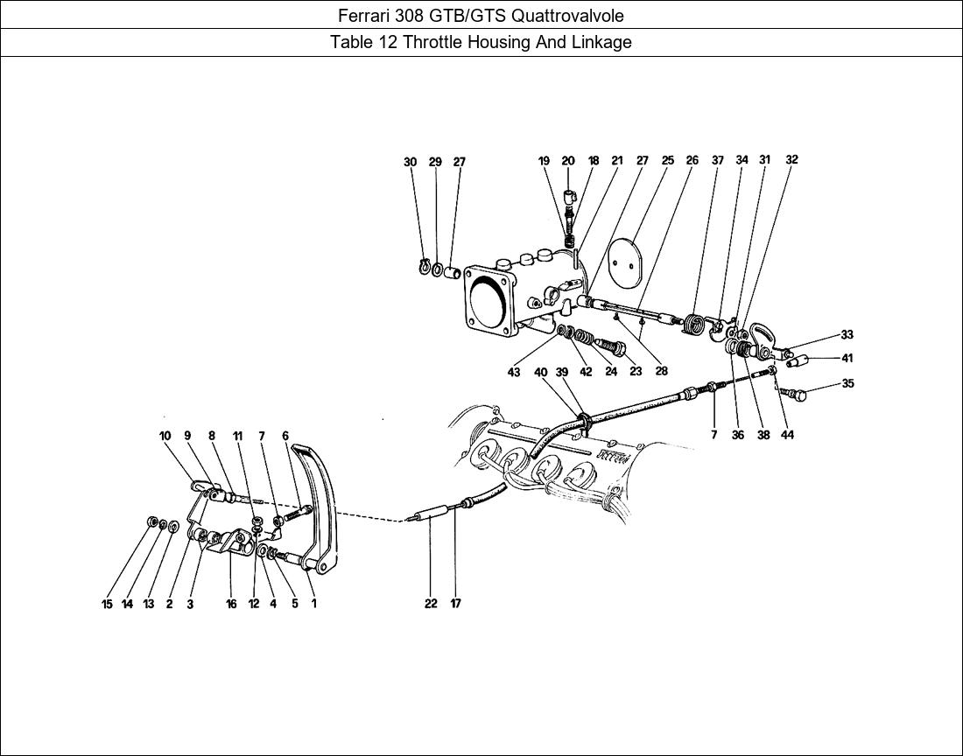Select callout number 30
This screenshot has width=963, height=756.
[411, 162]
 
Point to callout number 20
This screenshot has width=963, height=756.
[568, 161]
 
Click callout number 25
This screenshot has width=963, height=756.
[668, 161]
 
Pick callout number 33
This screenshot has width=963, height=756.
[847, 334]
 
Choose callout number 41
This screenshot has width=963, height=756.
[847, 358]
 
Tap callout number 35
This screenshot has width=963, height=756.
[847, 383]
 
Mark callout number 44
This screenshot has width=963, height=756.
[787, 435]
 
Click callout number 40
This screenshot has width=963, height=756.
[541, 373]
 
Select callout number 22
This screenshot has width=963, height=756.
[431, 603]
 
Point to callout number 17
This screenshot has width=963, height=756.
[456, 603]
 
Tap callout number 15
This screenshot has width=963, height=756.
[107, 604]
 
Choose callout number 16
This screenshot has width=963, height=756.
[231, 604]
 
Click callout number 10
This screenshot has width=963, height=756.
[165, 435]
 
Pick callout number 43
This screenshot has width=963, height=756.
[514, 373]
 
